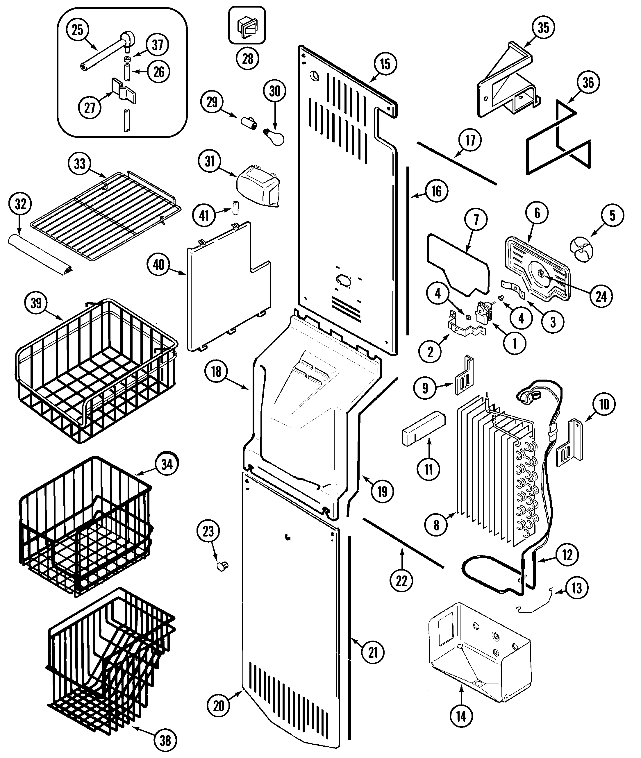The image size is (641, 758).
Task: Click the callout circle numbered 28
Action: click(247, 58)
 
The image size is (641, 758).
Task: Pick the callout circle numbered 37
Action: click(157, 45)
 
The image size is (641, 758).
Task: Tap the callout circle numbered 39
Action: click(36, 303)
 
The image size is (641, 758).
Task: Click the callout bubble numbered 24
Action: click(601, 296)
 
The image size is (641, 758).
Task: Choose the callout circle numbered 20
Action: click(218, 706)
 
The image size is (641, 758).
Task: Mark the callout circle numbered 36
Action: click(588, 83)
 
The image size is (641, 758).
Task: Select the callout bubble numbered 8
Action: click(436, 524)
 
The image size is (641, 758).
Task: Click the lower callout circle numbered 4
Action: click(521, 318)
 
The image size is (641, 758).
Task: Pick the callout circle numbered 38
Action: click(165, 740)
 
